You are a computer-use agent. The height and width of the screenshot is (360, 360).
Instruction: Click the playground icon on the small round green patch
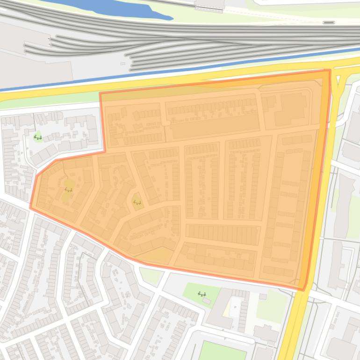(38, 137)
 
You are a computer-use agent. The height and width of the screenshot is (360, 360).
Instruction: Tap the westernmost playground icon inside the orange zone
(68, 190)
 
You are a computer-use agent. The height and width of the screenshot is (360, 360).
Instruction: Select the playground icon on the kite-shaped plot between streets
(137, 202)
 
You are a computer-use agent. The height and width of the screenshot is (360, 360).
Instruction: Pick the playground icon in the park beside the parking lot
(202, 294)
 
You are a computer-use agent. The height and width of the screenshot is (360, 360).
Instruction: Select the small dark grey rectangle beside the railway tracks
(329, 22)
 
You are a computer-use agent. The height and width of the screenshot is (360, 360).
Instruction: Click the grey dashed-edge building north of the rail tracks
(209, 5)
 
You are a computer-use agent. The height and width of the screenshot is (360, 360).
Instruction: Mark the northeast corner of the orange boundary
(330, 71)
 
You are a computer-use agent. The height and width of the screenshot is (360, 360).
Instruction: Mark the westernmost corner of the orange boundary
(31, 208)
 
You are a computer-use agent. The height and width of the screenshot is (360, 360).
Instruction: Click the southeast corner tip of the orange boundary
(304, 289)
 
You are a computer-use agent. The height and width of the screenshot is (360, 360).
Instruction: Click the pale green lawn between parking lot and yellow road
(271, 306)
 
